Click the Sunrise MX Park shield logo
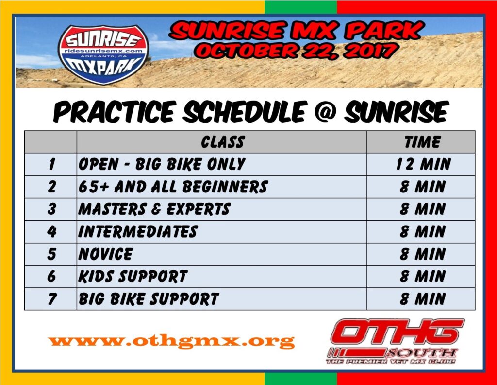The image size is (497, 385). coord(103,54)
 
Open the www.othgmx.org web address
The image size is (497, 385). coord(171,341)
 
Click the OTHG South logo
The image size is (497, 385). coord(395,341)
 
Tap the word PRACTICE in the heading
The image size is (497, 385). coord(114,111)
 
